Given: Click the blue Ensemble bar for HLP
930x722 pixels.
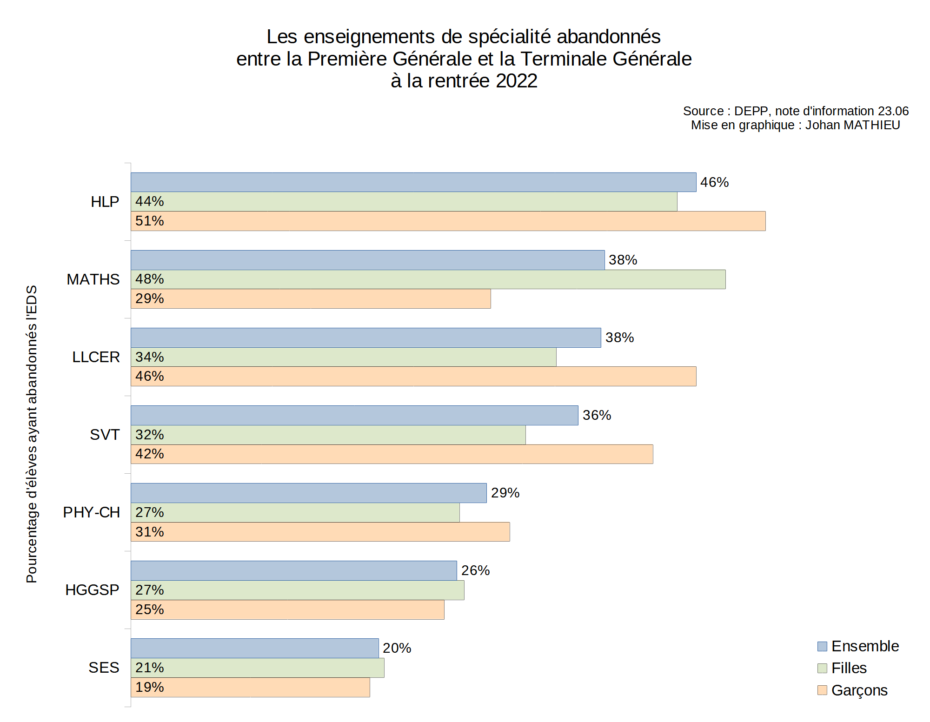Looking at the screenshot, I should pyautogui.click(x=413, y=182).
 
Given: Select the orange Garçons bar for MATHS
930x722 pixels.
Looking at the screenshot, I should pyautogui.click(x=311, y=299).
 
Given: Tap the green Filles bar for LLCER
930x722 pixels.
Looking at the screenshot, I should pyautogui.click(x=343, y=357).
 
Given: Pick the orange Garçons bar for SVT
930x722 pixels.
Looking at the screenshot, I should pyautogui.click(x=392, y=454).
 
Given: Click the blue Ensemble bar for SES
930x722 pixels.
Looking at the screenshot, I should pyautogui.click(x=254, y=648).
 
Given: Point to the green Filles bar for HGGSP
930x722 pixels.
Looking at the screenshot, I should pyautogui.click(x=297, y=590).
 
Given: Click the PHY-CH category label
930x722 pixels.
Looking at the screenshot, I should pyautogui.click(x=92, y=512).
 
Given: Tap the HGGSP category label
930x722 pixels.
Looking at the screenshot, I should pyautogui.click(x=92, y=590).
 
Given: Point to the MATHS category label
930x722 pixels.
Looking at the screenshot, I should pyautogui.click(x=93, y=279).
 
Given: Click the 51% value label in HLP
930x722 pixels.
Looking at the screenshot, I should pyautogui.click(x=149, y=221).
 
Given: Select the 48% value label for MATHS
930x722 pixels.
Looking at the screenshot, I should pyautogui.click(x=149, y=279).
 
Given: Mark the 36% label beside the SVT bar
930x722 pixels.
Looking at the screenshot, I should pyautogui.click(x=597, y=415).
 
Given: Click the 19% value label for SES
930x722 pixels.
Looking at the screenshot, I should pyautogui.click(x=149, y=687).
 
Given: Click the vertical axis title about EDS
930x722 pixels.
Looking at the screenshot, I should pyautogui.click(x=32, y=434).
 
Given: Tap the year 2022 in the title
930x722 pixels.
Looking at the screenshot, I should pyautogui.click(x=516, y=81).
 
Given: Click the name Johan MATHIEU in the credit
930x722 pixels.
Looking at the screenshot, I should pyautogui.click(x=852, y=125).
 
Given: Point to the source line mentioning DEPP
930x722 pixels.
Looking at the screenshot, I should pyautogui.click(x=795, y=111).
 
